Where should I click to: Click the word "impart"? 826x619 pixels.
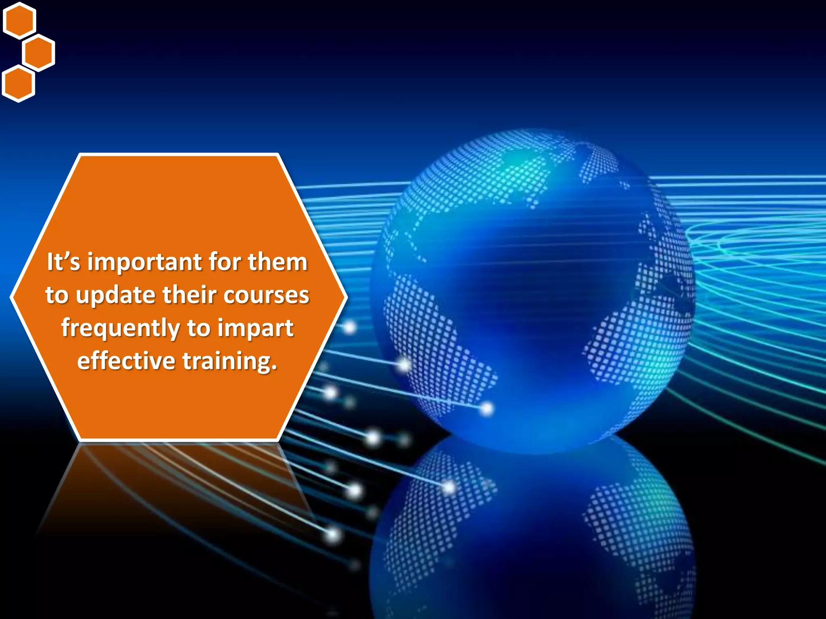tap(255, 328)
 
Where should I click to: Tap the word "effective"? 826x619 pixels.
tap(126, 361)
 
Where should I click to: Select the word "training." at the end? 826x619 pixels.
tap(230, 361)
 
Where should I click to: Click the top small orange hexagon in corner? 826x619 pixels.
tap(19, 20)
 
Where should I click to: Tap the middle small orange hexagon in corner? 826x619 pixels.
tap(38, 52)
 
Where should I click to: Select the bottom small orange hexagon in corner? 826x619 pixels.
tap(19, 84)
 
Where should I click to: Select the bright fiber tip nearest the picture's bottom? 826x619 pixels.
tap(333, 535)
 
